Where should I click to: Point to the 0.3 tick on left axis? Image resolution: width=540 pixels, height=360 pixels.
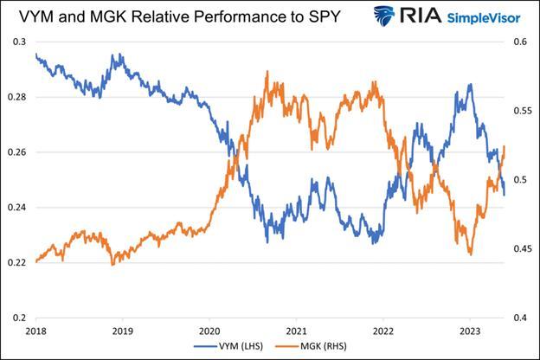click(x=17, y=42)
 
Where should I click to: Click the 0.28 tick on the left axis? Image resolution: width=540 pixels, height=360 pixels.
click(x=15, y=97)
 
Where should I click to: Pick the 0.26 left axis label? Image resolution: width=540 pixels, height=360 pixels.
click(x=15, y=152)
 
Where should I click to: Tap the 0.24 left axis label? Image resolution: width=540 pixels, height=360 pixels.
click(x=15, y=208)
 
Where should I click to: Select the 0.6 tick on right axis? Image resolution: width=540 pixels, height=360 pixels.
click(x=521, y=42)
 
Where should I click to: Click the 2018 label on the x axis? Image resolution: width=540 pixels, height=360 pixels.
click(x=35, y=331)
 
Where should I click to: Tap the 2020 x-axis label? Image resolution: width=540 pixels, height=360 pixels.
click(x=209, y=331)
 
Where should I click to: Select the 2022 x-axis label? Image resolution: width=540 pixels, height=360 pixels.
click(x=383, y=331)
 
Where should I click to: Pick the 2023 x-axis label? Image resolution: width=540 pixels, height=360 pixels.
click(x=470, y=331)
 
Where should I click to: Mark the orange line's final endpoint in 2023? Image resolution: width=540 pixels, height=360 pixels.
click(x=505, y=148)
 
